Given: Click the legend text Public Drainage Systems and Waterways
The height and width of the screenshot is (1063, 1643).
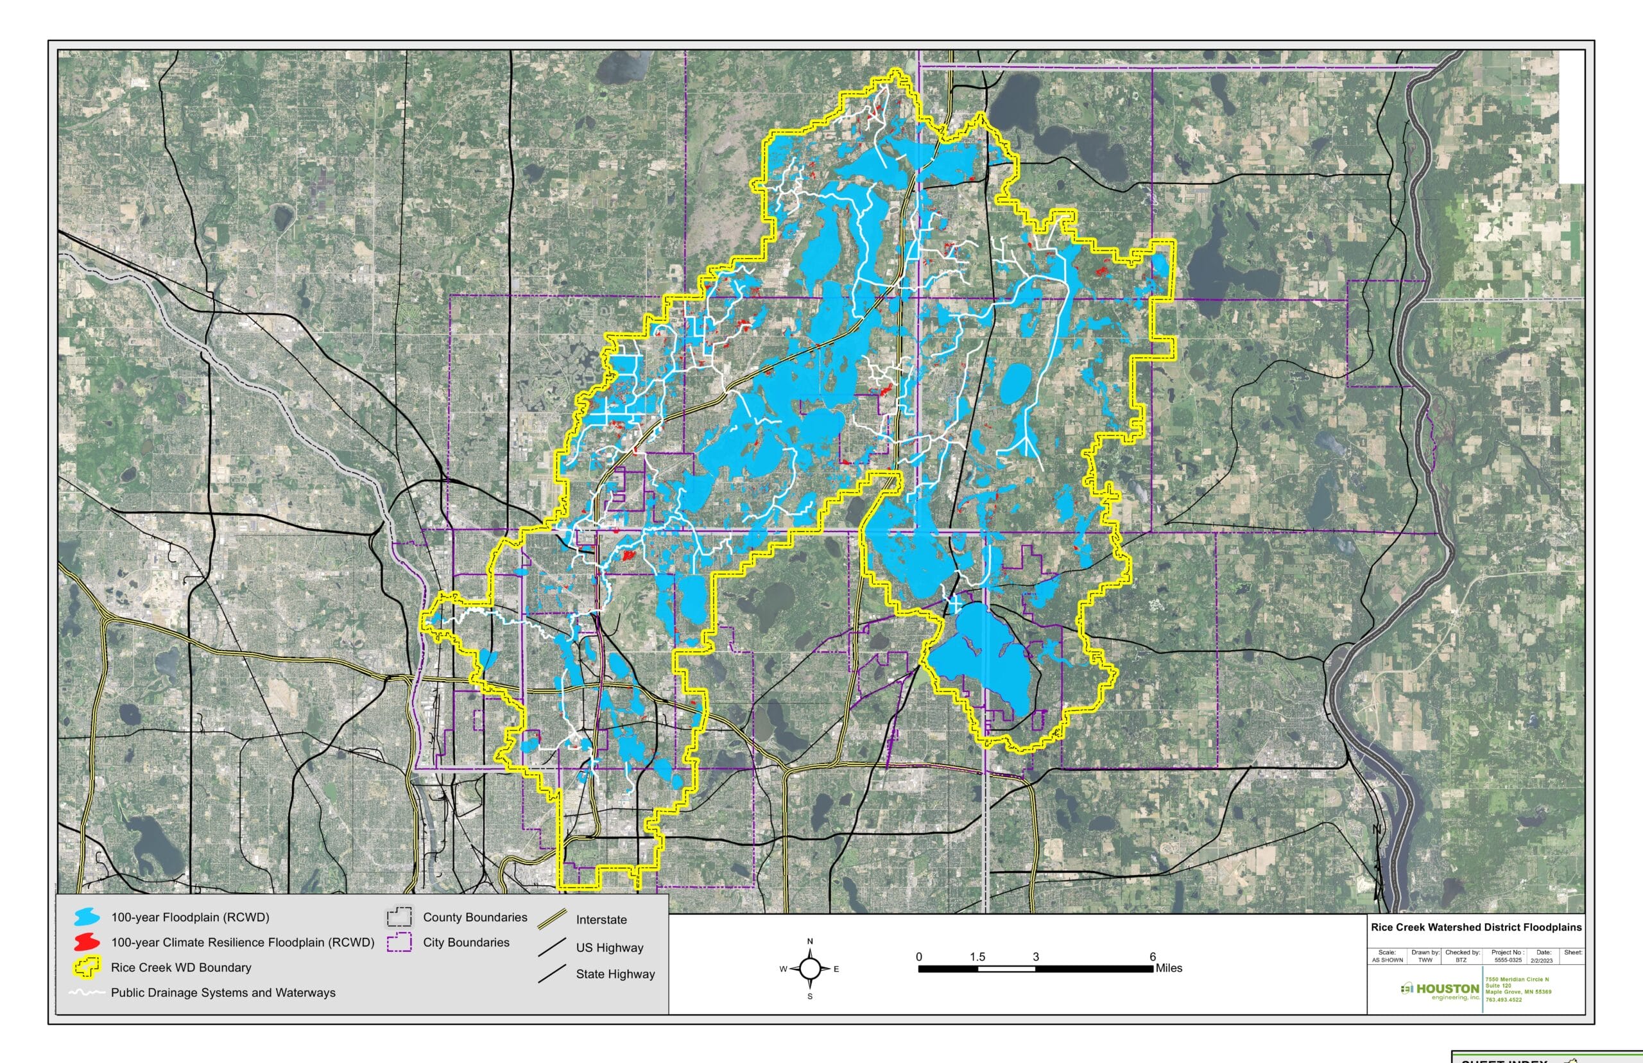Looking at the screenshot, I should click(223, 992).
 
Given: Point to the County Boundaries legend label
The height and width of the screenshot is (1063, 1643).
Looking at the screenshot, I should click(475, 917).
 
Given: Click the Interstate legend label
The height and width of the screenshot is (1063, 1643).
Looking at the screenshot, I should click(601, 919).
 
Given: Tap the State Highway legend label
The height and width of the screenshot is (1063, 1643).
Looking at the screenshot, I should click(615, 974).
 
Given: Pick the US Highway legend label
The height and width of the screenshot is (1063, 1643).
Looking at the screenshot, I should click(609, 947).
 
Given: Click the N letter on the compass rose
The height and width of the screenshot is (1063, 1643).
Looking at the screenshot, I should click(810, 942).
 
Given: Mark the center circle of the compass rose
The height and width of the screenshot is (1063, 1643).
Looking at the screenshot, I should click(810, 969).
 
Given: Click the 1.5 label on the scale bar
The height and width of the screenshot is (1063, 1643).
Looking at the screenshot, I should click(977, 956).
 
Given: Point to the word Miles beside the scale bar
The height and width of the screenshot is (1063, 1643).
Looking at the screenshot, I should click(1169, 968).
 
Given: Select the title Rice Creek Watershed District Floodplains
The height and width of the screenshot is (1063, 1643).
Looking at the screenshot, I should click(1476, 927).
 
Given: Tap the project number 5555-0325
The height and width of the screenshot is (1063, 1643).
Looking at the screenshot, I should click(1508, 960).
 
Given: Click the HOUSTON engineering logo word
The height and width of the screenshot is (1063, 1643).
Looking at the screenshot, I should click(1447, 989).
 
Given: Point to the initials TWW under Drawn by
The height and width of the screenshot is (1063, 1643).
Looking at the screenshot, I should click(1425, 960).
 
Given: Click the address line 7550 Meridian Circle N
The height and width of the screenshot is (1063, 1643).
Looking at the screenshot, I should click(1516, 980).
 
